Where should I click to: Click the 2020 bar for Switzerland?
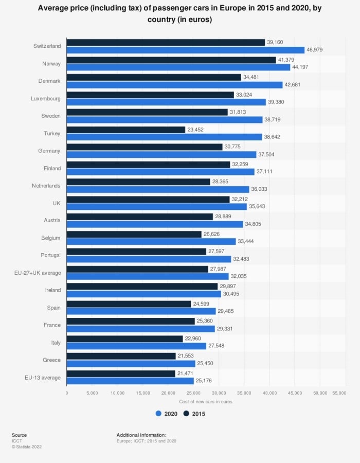click(x=185, y=50)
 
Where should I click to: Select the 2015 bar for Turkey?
click(x=125, y=130)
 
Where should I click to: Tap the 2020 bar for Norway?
click(x=178, y=67)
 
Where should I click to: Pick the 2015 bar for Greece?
click(x=121, y=357)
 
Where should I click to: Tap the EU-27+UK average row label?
click(x=38, y=273)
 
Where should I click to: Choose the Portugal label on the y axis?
click(x=50, y=255)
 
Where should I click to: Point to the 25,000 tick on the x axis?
click(x=193, y=393)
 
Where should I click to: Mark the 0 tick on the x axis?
click(x=67, y=393)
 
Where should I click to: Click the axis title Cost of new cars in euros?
click(x=206, y=402)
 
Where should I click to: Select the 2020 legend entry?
click(x=167, y=414)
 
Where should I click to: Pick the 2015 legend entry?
click(x=194, y=414)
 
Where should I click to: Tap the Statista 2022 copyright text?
click(x=27, y=447)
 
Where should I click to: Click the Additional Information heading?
click(x=141, y=435)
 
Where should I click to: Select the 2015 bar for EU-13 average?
click(x=121, y=374)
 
